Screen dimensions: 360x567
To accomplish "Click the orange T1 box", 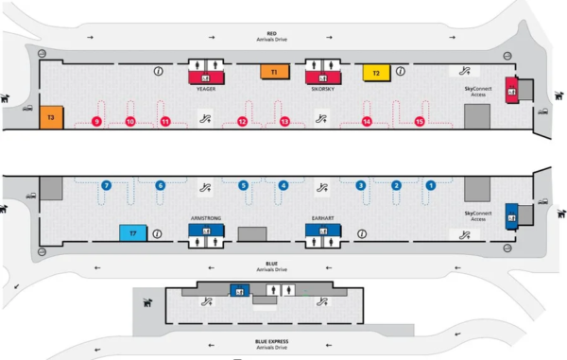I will [273, 72].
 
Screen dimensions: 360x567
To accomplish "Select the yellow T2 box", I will [375, 72].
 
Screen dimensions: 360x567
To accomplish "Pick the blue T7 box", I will [133, 232].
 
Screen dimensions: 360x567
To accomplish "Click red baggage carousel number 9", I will [94, 121].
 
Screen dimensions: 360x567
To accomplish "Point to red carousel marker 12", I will [243, 121].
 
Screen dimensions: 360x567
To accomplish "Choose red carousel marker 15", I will [420, 121].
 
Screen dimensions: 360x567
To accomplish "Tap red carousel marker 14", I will [368, 121].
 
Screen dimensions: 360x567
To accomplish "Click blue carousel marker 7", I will [107, 185].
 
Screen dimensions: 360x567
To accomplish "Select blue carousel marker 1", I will [432, 185].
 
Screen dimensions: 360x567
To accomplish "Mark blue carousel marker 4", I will [283, 185].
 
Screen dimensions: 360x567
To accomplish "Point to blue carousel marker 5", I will [243, 185].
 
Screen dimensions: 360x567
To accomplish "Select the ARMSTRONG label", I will [206, 218].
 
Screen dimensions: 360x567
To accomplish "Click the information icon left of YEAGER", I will [158, 71].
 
